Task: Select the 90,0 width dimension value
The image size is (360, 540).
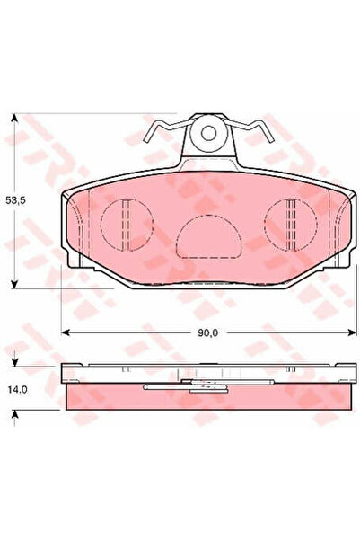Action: (206, 332)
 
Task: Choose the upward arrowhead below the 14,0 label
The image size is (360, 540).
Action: (15, 414)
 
